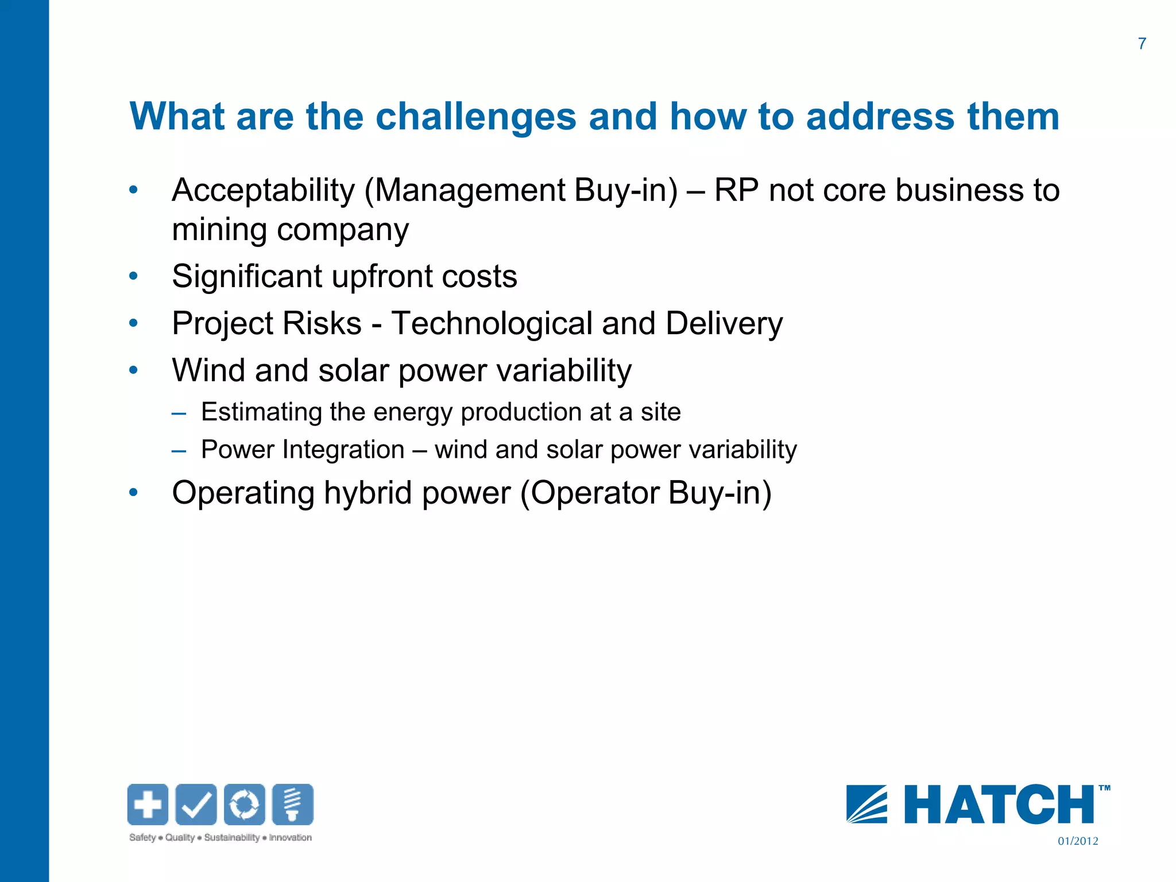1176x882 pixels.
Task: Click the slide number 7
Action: point(1142,44)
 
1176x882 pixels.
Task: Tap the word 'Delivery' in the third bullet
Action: point(724,323)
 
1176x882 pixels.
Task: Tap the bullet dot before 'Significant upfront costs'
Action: point(134,276)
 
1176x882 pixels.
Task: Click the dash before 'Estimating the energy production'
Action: point(179,413)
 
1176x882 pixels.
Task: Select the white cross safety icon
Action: point(148,804)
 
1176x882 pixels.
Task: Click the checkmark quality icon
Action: point(196,804)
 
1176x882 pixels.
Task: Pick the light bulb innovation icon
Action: point(293,804)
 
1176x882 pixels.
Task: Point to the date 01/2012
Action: point(1078,841)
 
